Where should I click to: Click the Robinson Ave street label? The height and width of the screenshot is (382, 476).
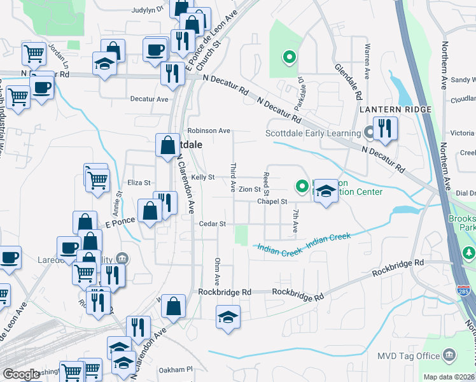click(207, 131)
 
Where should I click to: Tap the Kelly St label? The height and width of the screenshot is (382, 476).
click(203, 177)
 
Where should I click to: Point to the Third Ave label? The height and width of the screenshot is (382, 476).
click(233, 178)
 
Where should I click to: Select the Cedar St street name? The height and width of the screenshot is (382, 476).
click(213, 224)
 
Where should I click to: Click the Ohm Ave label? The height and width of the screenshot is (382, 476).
click(217, 271)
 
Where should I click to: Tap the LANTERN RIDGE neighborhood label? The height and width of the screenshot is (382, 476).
click(395, 110)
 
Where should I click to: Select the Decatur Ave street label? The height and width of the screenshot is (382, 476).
click(149, 99)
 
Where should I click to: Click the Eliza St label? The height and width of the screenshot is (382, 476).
click(138, 182)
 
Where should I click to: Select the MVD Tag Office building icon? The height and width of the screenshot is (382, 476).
click(449, 355)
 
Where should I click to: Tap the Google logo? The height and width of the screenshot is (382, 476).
click(22, 374)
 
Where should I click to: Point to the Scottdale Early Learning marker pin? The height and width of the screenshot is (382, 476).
click(370, 133)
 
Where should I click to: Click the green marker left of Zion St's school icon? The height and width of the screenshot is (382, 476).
click(302, 187)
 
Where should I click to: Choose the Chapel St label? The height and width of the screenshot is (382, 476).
click(272, 201)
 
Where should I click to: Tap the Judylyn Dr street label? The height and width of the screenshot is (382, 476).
click(147, 10)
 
